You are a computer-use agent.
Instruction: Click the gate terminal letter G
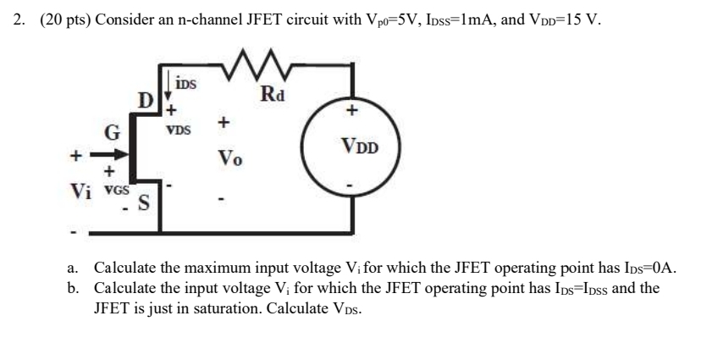(111, 131)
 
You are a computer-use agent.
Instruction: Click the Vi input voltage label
(80, 189)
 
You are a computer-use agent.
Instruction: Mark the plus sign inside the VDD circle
(356, 110)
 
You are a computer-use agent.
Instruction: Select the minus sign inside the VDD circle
(357, 184)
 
